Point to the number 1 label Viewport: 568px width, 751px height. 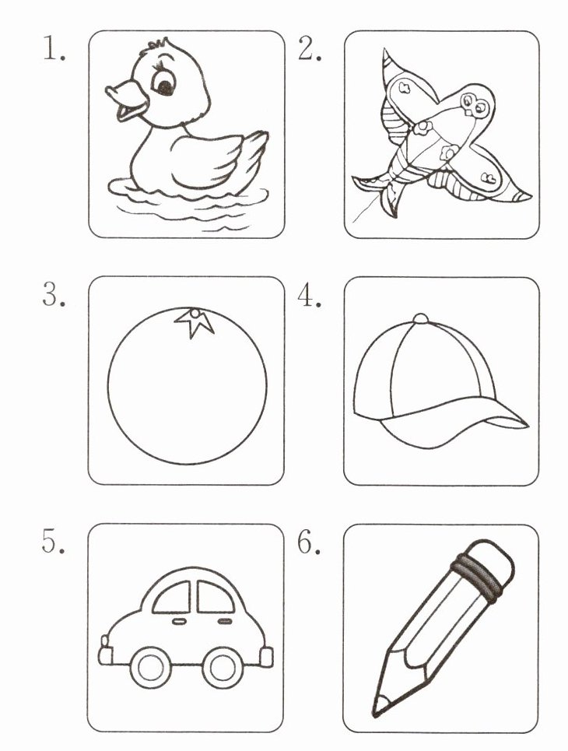[x=54, y=49]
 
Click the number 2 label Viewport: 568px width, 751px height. [x=310, y=49]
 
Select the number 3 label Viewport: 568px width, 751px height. [x=54, y=294]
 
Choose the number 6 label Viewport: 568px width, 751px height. [x=309, y=542]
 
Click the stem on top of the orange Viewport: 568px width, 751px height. [x=195, y=322]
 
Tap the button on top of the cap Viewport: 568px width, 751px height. [x=420, y=319]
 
